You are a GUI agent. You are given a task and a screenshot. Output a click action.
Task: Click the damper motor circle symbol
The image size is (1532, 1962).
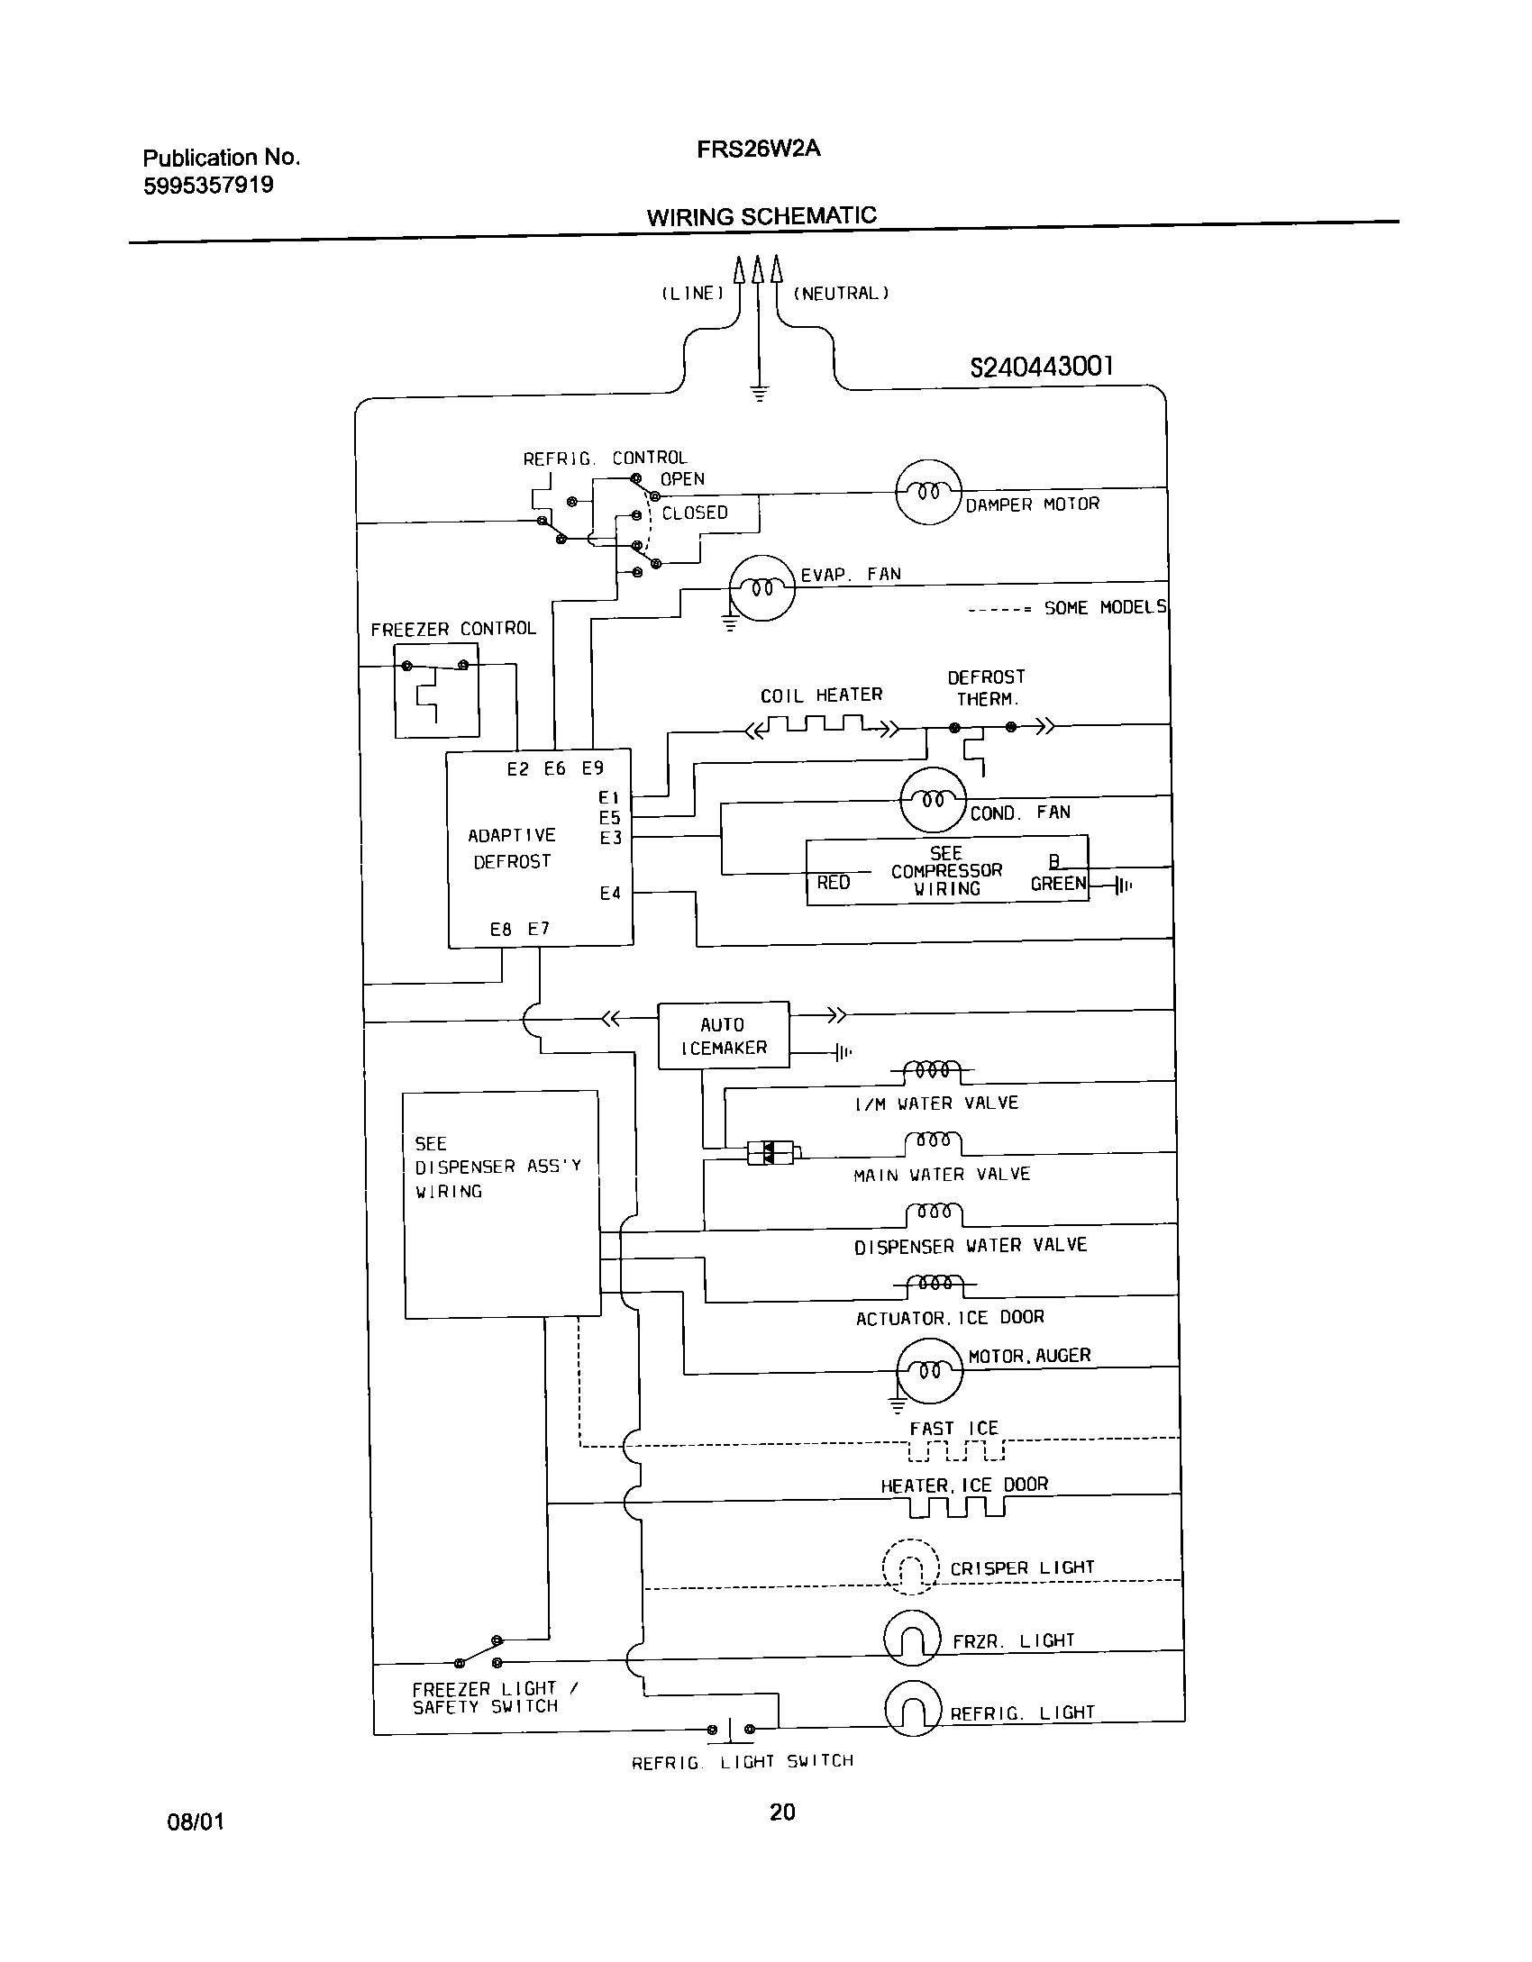[x=928, y=492]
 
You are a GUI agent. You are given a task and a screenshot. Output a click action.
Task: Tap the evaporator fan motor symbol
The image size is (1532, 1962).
[x=761, y=589]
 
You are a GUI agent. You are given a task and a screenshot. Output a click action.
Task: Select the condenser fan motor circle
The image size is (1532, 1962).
[x=933, y=800]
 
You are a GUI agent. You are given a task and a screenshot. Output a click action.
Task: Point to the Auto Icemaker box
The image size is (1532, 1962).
[x=724, y=1036]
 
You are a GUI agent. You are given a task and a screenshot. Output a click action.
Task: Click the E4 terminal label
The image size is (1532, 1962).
[x=610, y=894]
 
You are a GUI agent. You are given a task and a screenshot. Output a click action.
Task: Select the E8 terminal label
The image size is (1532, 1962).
[x=501, y=929]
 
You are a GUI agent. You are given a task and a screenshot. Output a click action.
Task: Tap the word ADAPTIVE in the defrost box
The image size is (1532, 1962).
[x=512, y=836]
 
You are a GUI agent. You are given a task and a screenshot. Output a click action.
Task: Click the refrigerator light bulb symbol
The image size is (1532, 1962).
[x=913, y=1709]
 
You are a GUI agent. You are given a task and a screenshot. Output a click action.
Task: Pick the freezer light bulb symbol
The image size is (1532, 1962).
[x=913, y=1638]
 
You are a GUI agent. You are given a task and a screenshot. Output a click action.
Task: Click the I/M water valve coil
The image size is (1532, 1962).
[x=933, y=1070]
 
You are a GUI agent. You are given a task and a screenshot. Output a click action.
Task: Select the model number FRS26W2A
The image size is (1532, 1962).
[x=758, y=150]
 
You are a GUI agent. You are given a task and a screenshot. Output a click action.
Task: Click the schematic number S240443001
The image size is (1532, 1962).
[x=1041, y=367]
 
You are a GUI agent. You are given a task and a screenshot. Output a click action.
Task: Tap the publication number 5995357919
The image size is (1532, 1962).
[x=208, y=186]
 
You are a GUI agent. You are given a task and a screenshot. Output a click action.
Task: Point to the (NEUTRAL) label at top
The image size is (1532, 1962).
[x=840, y=294]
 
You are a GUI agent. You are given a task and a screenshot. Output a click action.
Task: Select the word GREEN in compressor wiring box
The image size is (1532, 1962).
[x=1058, y=884]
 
